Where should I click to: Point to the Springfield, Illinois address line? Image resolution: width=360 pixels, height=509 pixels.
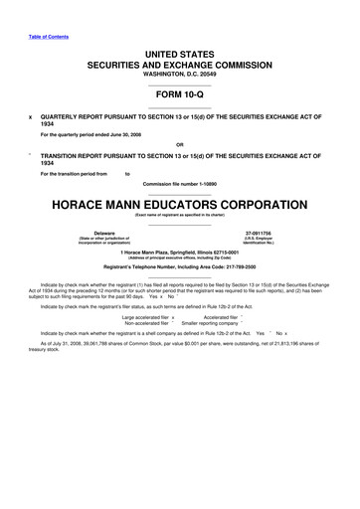click(179, 252)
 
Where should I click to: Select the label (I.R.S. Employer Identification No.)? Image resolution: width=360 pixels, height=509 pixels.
click(263, 244)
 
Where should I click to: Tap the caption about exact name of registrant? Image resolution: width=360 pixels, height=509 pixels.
click(179, 215)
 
